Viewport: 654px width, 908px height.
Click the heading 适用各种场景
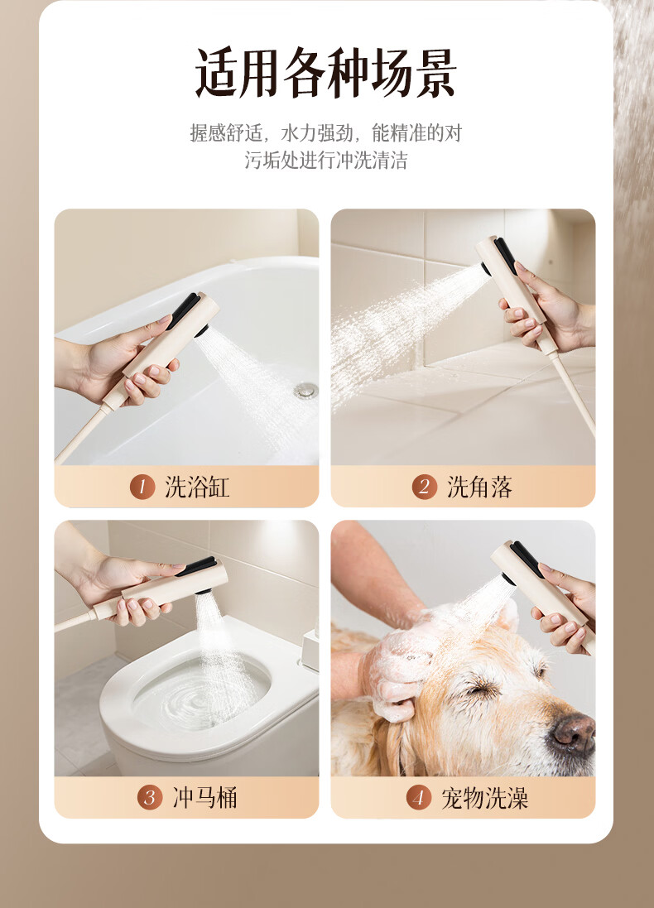coord(326,72)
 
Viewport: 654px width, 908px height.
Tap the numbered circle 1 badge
coord(142,487)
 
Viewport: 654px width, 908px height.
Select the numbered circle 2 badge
coord(424,487)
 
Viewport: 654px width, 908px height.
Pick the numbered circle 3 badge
coord(150,797)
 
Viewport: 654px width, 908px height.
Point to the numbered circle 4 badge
coord(418,797)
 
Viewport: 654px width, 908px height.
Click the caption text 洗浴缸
coord(197,487)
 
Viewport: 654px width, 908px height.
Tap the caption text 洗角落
coord(479,487)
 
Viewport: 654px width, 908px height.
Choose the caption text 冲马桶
coord(204,798)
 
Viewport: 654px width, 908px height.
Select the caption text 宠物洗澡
coord(485,798)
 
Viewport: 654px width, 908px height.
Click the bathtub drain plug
coord(305,391)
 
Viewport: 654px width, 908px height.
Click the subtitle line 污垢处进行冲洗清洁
coord(326,160)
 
